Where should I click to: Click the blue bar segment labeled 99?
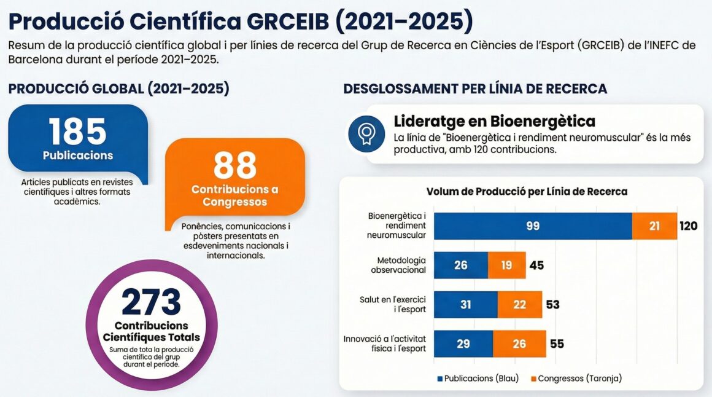(533, 226)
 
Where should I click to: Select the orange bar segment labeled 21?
(654, 226)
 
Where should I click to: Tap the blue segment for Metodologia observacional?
(461, 265)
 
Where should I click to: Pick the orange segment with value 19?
(507, 265)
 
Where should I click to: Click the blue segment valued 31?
(466, 305)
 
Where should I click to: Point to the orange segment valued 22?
(520, 305)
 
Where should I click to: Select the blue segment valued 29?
(463, 344)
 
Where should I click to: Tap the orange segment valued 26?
(519, 344)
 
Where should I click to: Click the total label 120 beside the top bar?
(688, 226)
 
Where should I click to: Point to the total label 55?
(557, 344)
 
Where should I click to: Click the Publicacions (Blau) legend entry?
(478, 379)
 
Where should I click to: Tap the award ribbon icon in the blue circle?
(366, 134)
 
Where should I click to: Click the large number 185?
(78, 131)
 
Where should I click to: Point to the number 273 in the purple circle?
(152, 301)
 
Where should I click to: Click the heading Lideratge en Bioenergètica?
(494, 121)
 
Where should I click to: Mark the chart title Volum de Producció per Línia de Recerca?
(527, 192)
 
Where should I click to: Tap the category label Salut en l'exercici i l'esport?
(393, 305)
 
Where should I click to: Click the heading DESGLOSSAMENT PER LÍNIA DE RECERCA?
(475, 88)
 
